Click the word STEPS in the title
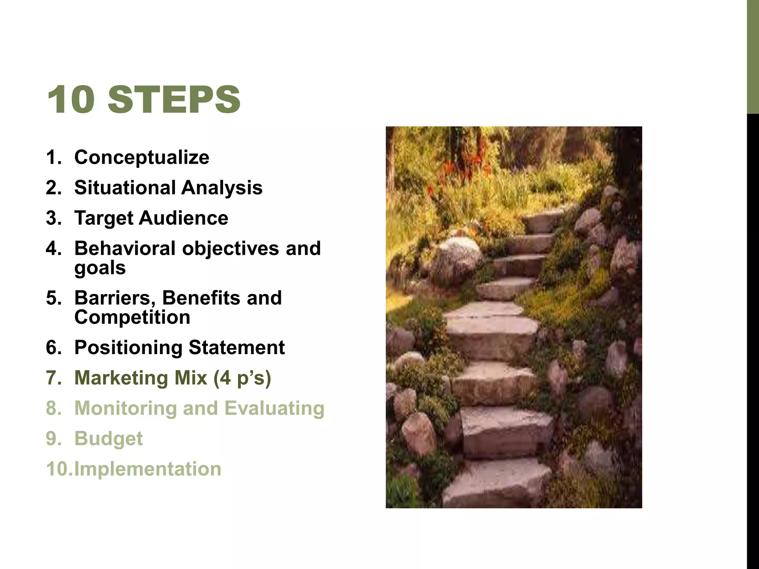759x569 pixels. coord(174,99)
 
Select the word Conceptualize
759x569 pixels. coord(142,157)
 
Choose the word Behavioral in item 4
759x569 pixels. coord(125,248)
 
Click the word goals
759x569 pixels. coord(100,268)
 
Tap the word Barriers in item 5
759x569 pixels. coord(115,298)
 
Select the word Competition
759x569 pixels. coord(132,317)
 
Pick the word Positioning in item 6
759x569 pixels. coord(128,348)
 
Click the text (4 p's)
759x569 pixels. coord(242,378)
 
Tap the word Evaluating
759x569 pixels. coord(274,409)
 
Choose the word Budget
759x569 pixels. coord(108,439)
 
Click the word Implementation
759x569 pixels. coord(148,469)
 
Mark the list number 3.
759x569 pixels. coord(53,218)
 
